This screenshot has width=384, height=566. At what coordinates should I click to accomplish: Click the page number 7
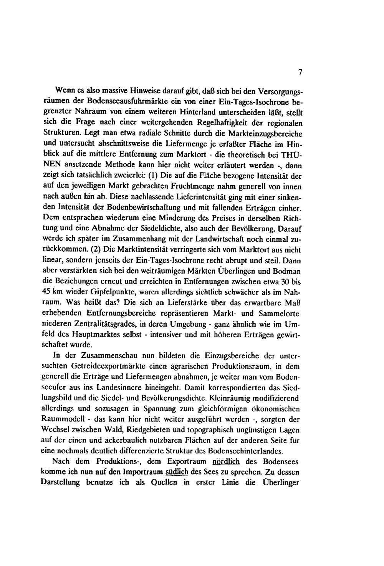(x=300, y=72)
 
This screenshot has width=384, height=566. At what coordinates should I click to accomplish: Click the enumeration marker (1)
(x=150, y=176)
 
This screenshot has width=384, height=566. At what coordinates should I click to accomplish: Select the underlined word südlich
(x=173, y=471)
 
